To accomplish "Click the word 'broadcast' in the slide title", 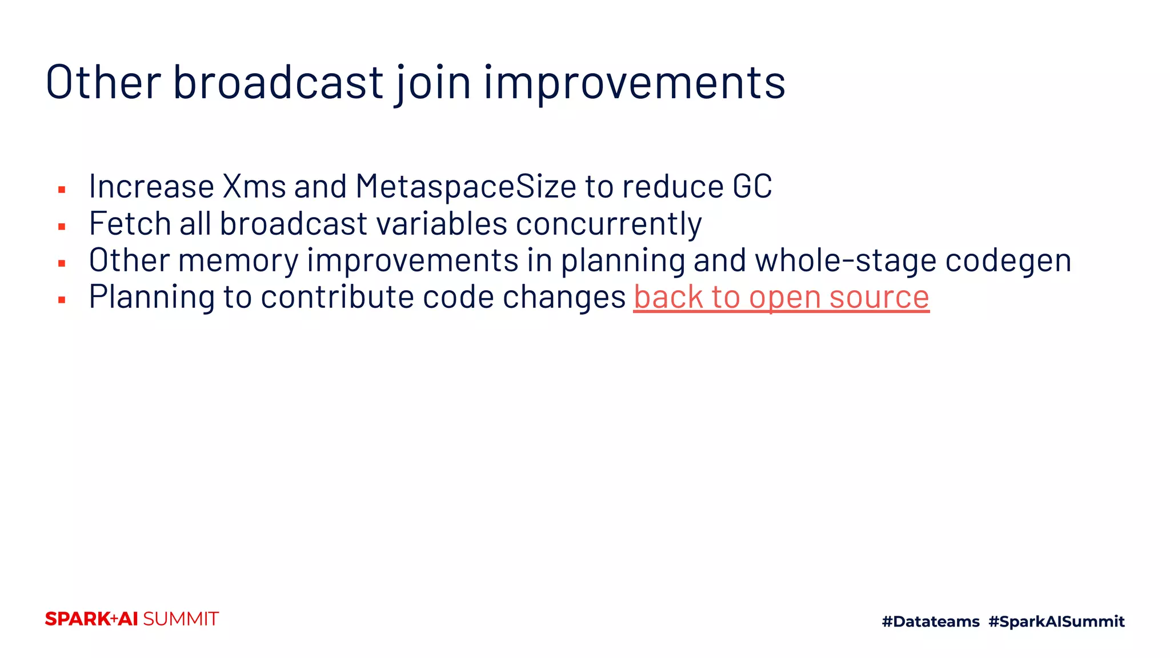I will click(x=278, y=82).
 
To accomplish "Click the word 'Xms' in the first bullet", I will click(x=254, y=187).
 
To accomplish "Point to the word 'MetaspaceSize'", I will click(x=466, y=187).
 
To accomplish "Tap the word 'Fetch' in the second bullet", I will click(x=130, y=223).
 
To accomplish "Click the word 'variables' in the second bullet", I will click(x=442, y=223).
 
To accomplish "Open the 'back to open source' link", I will click(x=781, y=298).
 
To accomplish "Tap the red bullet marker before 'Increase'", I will click(x=62, y=190).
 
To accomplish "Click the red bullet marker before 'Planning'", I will click(x=62, y=300).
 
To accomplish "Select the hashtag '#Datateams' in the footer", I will click(x=930, y=621).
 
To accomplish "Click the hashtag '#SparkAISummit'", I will click(x=1056, y=621).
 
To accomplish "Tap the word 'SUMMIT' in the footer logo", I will click(x=181, y=619).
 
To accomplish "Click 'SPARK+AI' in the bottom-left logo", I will click(x=91, y=619).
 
